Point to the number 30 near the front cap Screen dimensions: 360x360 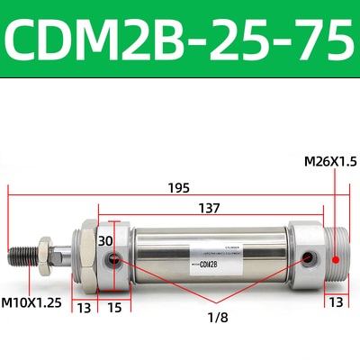point(105,240)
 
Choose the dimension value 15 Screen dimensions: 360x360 point(115,309)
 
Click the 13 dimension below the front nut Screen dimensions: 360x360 point(84,309)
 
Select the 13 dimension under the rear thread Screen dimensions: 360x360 point(334,302)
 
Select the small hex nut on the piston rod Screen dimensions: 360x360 point(42,253)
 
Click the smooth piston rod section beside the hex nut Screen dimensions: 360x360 point(61,253)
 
